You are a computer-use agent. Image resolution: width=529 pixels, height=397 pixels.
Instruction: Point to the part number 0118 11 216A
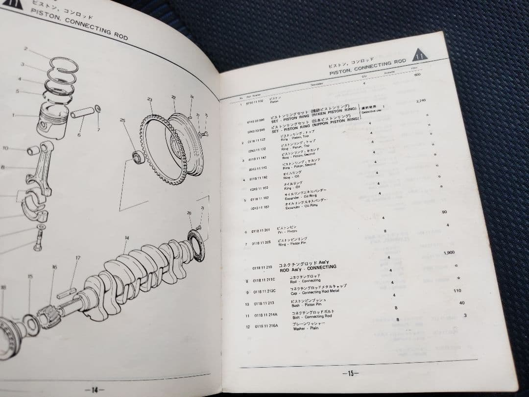(x=266, y=326)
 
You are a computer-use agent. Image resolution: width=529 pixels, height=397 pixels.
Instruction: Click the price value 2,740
(x=420, y=100)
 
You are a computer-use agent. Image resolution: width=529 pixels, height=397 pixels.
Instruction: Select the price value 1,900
(x=449, y=253)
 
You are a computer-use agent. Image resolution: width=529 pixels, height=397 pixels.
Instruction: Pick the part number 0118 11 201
(x=261, y=231)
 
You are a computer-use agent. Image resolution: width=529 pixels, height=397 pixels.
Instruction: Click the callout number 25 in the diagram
(x=122, y=121)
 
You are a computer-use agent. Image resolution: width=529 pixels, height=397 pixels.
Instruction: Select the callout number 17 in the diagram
(x=77, y=258)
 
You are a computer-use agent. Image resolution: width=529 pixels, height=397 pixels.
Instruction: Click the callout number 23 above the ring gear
(x=149, y=99)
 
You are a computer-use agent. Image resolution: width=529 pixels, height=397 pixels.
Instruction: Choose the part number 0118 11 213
(x=264, y=303)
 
